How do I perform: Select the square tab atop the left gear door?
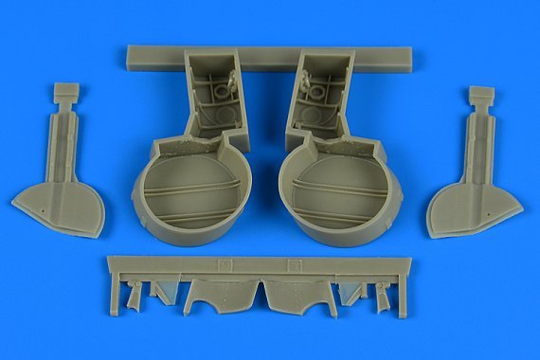pyautogui.click(x=65, y=92)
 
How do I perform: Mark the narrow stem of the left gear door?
pyautogui.click(x=69, y=142)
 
